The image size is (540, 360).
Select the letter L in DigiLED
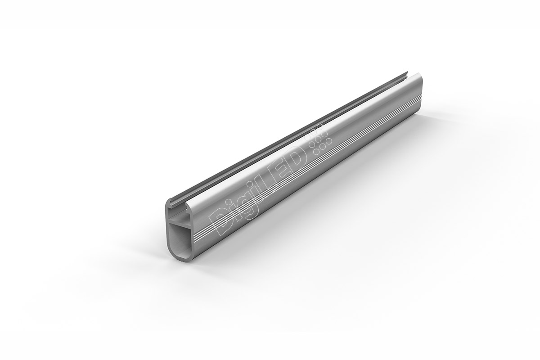(272, 184)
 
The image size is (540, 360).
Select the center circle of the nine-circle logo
(318, 140)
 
